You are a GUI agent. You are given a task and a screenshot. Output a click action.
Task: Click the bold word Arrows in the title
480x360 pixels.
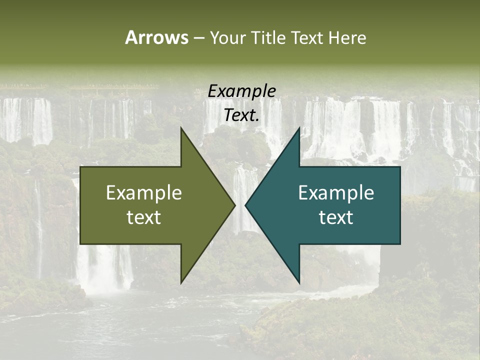(156, 37)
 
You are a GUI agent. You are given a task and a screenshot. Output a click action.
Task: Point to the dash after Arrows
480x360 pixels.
(198, 38)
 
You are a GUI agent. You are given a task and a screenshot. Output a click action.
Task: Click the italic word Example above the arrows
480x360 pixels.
(241, 91)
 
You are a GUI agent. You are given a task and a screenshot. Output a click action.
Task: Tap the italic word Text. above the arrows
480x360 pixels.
(241, 115)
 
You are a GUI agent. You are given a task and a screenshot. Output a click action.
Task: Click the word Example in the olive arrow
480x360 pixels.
(144, 192)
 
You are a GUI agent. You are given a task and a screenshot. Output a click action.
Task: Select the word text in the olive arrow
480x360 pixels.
(144, 217)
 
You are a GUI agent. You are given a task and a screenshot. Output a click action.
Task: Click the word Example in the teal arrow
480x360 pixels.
(336, 192)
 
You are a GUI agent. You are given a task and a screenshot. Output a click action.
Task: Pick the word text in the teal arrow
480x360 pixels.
(336, 217)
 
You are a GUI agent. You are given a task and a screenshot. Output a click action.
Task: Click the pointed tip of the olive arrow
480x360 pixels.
(234, 205)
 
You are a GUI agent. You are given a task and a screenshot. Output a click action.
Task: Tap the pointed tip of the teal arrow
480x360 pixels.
(245, 205)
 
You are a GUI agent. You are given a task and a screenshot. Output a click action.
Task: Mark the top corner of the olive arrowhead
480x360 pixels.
(181, 128)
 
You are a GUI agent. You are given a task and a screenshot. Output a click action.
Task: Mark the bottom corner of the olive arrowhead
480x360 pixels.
(181, 283)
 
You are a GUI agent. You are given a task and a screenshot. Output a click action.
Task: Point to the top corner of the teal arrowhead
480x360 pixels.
(299, 128)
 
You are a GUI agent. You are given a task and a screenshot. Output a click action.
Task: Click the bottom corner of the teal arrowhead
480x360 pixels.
(299, 283)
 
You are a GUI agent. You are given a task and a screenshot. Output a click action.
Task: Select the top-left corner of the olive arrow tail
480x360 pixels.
(80, 167)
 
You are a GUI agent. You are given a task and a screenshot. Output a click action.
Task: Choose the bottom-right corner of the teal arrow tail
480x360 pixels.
(400, 244)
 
